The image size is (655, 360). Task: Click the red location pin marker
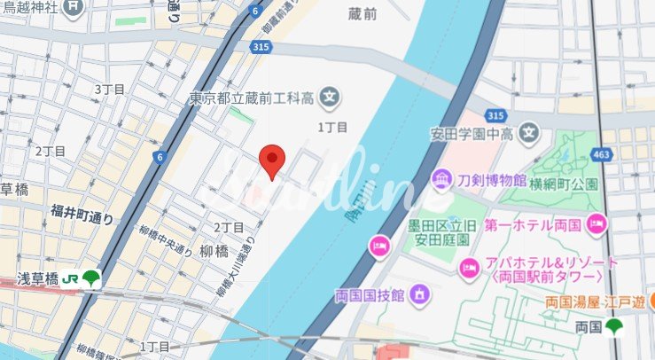[x=272, y=160]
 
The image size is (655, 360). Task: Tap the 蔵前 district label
[x=363, y=12]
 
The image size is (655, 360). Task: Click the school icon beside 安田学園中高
[x=529, y=135]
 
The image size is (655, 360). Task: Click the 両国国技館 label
[x=370, y=294]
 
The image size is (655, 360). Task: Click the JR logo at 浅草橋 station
[x=72, y=278]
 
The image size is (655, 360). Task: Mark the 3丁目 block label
[x=109, y=90]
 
